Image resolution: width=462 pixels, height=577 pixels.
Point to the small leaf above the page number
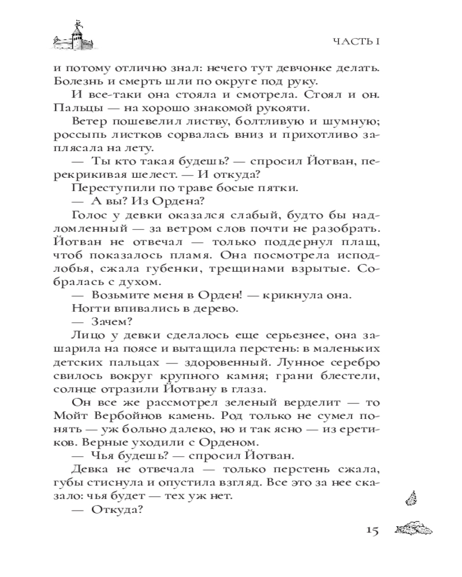tap(411, 496)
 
